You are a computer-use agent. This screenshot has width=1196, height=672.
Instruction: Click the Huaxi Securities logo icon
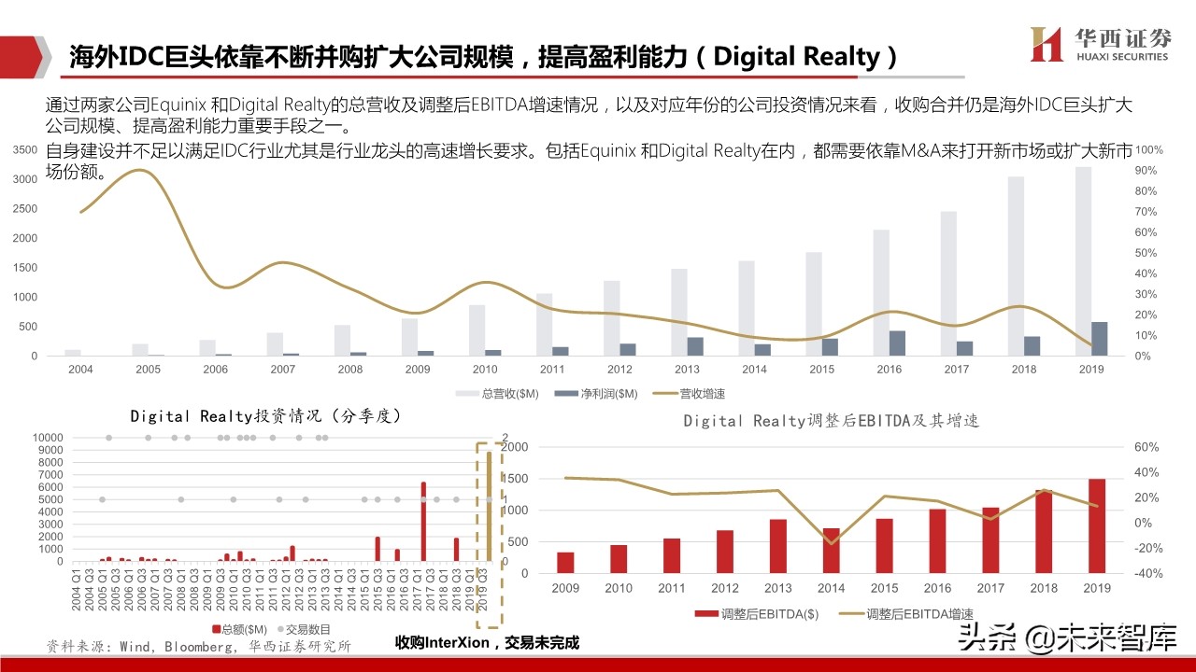(x=1046, y=44)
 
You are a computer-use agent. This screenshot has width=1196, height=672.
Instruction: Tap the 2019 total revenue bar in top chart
(x=1083, y=261)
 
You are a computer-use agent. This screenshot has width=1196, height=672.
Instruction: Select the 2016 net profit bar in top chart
(x=897, y=343)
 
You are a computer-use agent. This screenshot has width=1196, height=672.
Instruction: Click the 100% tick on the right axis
(x=1148, y=149)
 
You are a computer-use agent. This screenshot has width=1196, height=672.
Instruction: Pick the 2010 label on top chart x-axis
(x=484, y=370)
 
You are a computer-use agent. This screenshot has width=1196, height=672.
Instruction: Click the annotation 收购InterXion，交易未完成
(x=487, y=642)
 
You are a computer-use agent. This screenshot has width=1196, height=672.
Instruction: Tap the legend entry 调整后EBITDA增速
(x=891, y=613)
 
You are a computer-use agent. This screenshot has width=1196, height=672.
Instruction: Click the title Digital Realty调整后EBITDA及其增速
(x=831, y=421)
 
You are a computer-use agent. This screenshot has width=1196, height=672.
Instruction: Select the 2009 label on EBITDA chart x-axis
(x=565, y=588)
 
